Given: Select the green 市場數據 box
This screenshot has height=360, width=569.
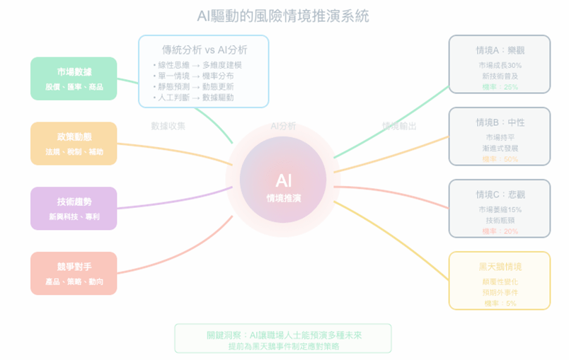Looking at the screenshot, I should (74, 79).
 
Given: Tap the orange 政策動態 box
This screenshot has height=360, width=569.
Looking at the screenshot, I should (74, 144).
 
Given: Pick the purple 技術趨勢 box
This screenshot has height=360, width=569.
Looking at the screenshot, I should (74, 209).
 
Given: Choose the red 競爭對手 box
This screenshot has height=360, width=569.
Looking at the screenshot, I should (74, 274).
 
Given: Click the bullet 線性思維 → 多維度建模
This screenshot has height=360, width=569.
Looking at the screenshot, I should (197, 65).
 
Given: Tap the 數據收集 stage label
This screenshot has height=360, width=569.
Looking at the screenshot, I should (168, 126).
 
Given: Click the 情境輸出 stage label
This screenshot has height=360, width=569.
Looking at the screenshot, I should (399, 126).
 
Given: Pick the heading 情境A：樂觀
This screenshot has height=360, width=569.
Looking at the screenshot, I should (500, 51).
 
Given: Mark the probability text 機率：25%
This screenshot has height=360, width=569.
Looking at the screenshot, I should (500, 86).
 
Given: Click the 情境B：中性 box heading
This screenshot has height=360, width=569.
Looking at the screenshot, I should (500, 122).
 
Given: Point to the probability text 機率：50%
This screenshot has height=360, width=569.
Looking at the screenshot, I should (500, 159).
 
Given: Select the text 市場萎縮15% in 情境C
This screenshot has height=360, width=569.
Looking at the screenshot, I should (500, 209).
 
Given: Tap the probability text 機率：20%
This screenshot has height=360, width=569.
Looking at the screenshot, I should (500, 231).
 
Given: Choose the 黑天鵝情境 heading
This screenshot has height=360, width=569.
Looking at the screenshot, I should (500, 267).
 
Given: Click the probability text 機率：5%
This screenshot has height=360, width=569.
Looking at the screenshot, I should (500, 303).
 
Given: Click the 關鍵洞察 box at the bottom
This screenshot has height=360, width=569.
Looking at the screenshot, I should (282, 339).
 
